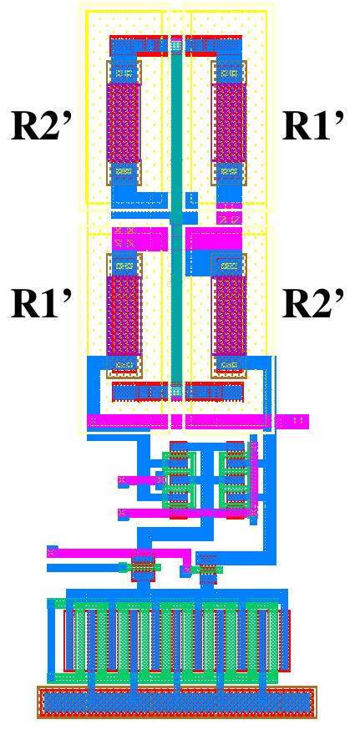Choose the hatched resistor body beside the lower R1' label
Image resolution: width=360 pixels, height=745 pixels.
click(124, 315)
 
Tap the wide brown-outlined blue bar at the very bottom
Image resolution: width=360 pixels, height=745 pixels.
click(177, 702)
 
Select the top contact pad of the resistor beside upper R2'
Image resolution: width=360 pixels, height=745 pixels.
click(124, 73)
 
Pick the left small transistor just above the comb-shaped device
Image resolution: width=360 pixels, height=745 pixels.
click(143, 567)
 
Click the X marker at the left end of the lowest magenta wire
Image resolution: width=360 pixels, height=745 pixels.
click(53, 551)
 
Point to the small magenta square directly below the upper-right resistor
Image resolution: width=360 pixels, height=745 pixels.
click(228, 218)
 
